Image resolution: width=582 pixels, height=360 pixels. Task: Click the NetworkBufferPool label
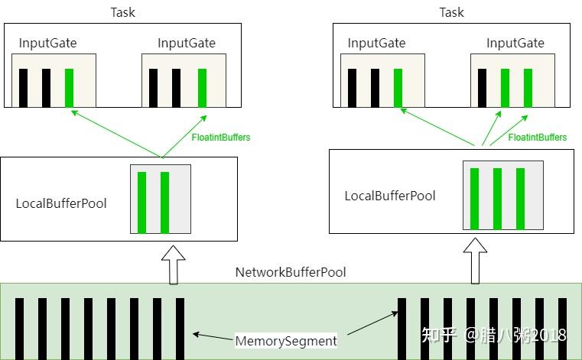(x=291, y=272)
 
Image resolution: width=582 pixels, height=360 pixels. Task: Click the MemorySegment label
(x=286, y=341)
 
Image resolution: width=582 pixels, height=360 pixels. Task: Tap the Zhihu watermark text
(x=494, y=335)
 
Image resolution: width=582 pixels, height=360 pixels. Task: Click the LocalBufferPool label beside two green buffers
(x=61, y=203)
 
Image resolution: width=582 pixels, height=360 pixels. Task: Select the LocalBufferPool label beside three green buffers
(x=390, y=196)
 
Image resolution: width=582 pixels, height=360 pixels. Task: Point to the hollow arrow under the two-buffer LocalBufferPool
(x=174, y=264)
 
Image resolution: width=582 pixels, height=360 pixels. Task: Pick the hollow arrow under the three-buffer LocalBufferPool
(x=475, y=261)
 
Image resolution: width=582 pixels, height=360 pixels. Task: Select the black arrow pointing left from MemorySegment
(x=214, y=336)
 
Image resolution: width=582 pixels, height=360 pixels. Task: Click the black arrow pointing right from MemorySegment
(x=372, y=323)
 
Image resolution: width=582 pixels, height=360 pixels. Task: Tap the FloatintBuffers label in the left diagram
(x=221, y=138)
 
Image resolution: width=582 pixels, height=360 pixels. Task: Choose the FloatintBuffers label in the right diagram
(x=538, y=138)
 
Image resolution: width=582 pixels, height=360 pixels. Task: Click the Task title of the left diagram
(x=122, y=12)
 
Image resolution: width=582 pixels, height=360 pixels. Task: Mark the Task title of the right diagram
(x=451, y=12)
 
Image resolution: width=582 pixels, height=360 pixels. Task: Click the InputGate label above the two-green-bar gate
(x=515, y=43)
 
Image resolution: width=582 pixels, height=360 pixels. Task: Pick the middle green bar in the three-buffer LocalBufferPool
(x=497, y=199)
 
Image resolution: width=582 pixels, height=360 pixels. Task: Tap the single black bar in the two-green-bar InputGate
(x=482, y=88)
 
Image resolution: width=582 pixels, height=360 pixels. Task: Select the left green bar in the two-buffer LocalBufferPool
(x=141, y=203)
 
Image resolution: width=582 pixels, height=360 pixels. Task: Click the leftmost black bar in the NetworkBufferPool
(x=19, y=329)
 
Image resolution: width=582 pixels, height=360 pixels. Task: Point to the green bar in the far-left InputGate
(x=69, y=88)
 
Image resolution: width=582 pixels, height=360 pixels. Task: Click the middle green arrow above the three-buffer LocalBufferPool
(x=491, y=128)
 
